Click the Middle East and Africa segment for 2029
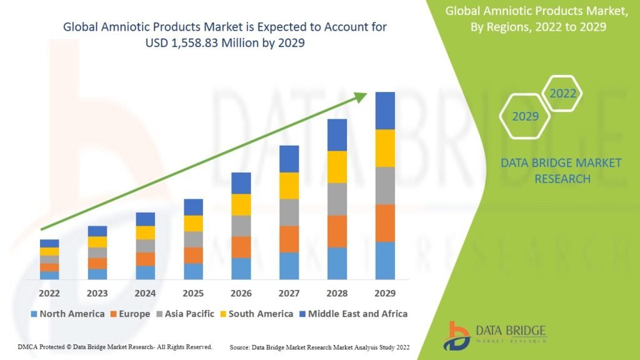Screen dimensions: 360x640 click(385, 111)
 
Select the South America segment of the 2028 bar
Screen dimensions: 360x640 click(337, 167)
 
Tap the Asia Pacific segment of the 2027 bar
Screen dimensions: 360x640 click(289, 212)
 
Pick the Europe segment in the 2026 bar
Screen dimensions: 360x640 click(241, 247)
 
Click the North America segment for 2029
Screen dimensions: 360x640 click(385, 260)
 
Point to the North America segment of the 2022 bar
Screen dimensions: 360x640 click(49, 275)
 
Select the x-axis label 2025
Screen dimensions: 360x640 click(193, 293)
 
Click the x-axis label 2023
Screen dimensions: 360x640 click(97, 293)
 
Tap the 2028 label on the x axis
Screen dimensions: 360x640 click(337, 293)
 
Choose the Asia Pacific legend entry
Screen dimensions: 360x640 click(186, 314)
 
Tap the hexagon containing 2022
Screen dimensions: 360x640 click(562, 94)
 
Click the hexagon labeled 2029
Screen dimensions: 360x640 click(525, 116)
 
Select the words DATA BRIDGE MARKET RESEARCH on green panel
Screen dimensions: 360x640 click(561, 171)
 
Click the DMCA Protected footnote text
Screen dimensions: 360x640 click(112, 346)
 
